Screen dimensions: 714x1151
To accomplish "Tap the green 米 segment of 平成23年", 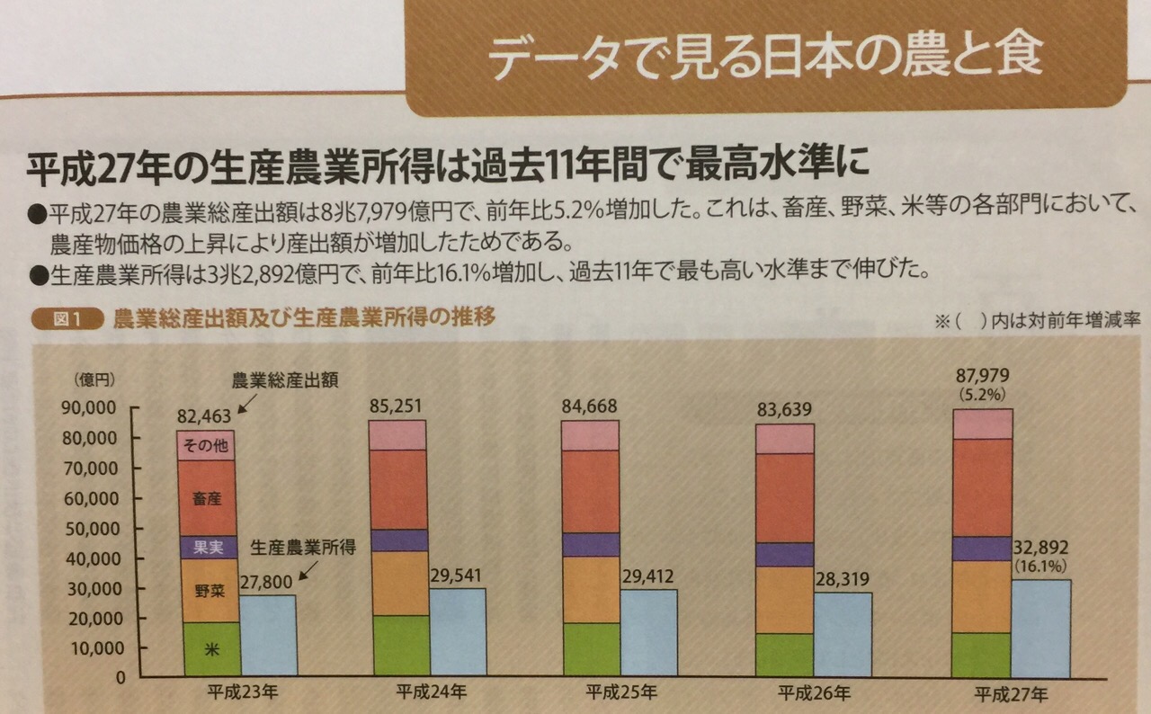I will (x=211, y=649).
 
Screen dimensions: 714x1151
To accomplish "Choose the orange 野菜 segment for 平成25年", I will (x=591, y=590).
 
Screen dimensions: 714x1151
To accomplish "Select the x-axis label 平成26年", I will (x=813, y=693).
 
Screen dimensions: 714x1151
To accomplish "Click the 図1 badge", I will (x=65, y=320).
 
